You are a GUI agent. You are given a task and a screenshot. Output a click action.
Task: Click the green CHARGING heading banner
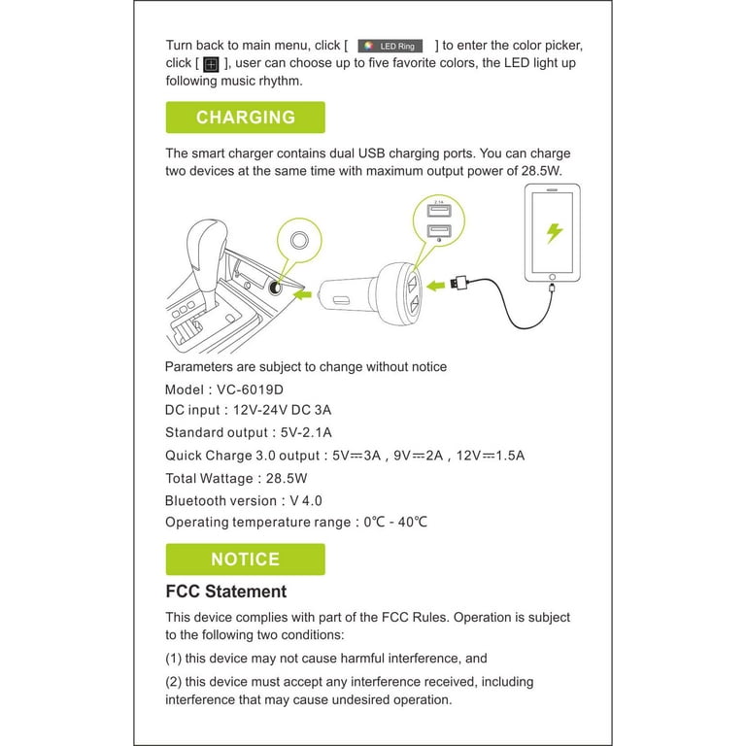pyautogui.click(x=245, y=118)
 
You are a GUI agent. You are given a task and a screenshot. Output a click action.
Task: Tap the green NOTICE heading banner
pyautogui.click(x=245, y=559)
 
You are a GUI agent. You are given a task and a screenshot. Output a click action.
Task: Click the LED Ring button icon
pyautogui.click(x=390, y=46)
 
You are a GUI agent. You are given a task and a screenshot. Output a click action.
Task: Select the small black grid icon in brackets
pyautogui.click(x=211, y=64)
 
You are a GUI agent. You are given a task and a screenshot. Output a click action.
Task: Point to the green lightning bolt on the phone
pyautogui.click(x=555, y=233)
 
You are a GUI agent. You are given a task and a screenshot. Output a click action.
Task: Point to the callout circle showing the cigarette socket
pyautogui.click(x=301, y=240)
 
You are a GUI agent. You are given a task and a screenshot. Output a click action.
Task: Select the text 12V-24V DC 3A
pyautogui.click(x=288, y=411)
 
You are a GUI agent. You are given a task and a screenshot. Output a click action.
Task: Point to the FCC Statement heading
pyautogui.click(x=226, y=592)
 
